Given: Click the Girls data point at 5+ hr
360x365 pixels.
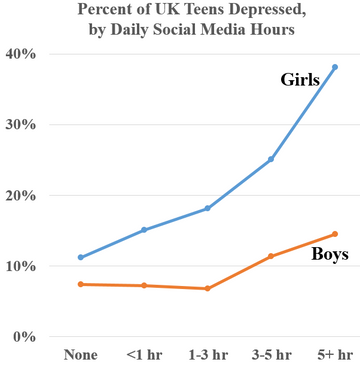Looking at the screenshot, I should click(334, 67).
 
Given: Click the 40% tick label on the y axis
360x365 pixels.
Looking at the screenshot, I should click(21, 54).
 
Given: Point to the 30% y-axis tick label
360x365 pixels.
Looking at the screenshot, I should click(21, 125).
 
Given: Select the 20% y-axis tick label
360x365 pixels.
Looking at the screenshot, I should click(21, 196).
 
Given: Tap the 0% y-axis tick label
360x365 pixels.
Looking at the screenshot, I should click(25, 337).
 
